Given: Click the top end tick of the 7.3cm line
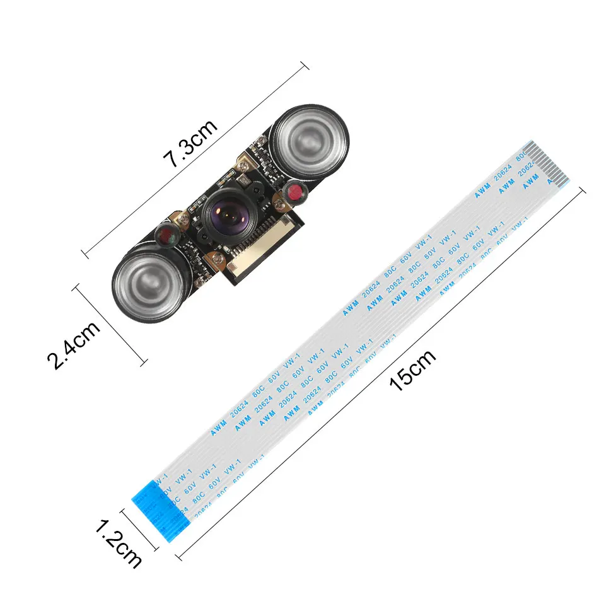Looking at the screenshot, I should click(x=305, y=64).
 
